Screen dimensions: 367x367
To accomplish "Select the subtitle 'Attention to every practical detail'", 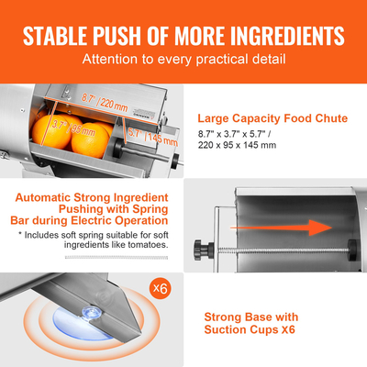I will click(183, 61).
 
